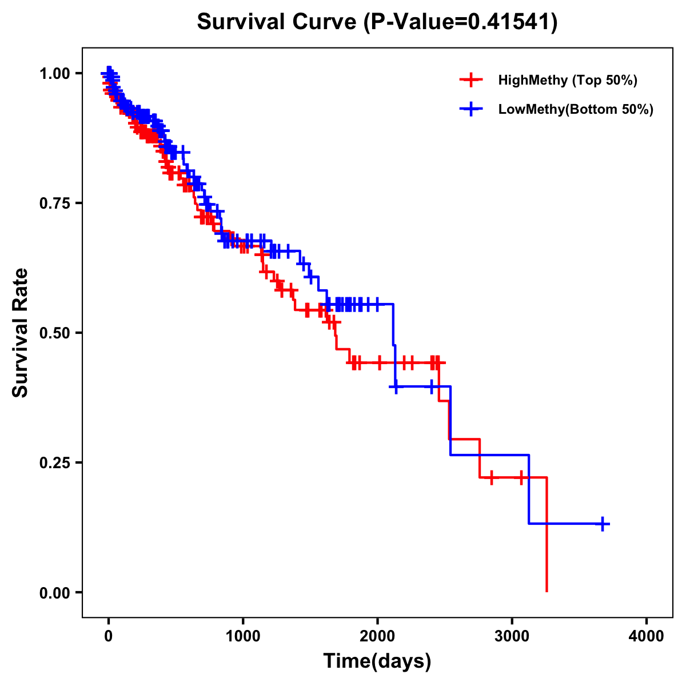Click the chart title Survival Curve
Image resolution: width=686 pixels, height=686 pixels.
pyautogui.click(x=277, y=22)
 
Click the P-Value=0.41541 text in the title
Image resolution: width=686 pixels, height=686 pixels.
pyautogui.click(x=461, y=22)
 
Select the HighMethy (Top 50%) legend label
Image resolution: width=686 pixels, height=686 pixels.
pyautogui.click(x=568, y=80)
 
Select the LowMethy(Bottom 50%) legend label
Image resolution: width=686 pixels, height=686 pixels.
pyautogui.click(x=576, y=110)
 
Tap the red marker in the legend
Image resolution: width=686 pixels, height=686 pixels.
pyautogui.click(x=470, y=80)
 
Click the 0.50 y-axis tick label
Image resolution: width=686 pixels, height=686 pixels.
pyautogui.click(x=54, y=333)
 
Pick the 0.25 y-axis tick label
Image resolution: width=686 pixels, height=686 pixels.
pyautogui.click(x=54, y=463)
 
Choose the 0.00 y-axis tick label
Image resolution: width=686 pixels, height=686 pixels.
pyautogui.click(x=54, y=593)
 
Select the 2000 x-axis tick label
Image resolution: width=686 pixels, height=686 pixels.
pyautogui.click(x=378, y=636)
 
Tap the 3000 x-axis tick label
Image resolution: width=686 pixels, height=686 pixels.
pyautogui.click(x=512, y=636)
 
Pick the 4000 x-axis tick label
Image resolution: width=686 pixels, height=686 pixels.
pyautogui.click(x=647, y=636)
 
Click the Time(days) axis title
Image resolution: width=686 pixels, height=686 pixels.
pyautogui.click(x=377, y=661)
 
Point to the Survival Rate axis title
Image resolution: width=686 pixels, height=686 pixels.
pyautogui.click(x=21, y=333)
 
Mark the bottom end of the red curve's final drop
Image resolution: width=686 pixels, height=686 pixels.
pyautogui.click(x=547, y=591)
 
